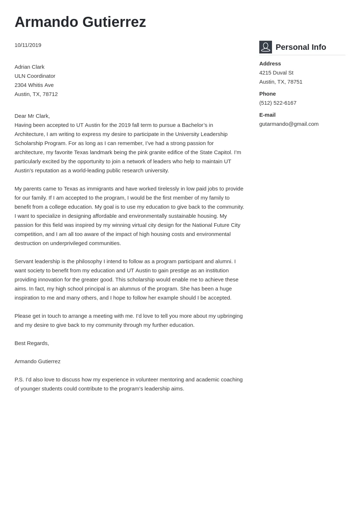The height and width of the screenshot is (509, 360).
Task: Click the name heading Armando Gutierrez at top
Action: (x=80, y=22)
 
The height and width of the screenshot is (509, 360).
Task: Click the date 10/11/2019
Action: (x=28, y=45)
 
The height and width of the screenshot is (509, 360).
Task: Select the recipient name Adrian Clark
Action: (x=29, y=67)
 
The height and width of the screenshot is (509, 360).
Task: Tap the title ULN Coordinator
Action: (x=35, y=76)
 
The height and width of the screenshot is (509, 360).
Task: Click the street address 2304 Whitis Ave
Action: (x=34, y=85)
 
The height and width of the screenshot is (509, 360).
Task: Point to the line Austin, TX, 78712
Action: (x=36, y=94)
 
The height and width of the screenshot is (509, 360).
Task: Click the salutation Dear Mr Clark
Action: (x=32, y=116)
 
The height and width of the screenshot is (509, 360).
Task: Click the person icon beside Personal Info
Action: (x=265, y=47)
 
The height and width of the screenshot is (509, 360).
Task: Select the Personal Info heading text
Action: (x=301, y=47)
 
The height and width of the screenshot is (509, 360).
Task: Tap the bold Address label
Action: (x=270, y=64)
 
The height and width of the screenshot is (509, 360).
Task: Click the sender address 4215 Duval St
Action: (x=276, y=73)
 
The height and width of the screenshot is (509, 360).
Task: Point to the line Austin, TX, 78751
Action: (x=281, y=82)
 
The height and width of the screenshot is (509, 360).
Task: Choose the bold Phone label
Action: (x=267, y=94)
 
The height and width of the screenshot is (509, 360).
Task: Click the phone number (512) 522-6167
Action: (x=278, y=103)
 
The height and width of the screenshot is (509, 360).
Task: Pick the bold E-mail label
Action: (x=267, y=115)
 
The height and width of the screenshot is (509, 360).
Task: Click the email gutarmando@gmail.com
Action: (x=289, y=124)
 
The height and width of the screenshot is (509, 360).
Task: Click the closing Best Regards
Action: (x=32, y=343)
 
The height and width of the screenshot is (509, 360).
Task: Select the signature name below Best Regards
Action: (x=37, y=361)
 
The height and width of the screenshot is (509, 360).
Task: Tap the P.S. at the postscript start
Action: (x=19, y=380)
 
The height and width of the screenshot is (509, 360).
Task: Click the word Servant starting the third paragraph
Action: (x=24, y=261)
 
